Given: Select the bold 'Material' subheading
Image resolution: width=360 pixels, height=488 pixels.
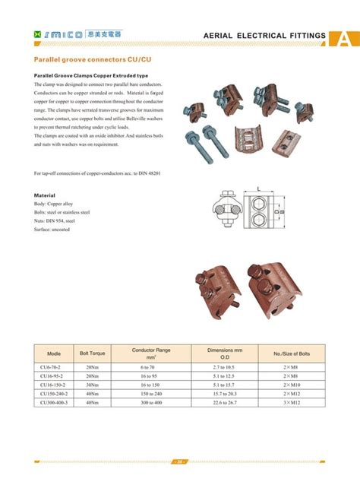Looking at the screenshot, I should pos(47,195).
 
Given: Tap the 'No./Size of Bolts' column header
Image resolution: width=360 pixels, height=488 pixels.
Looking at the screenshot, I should pos(292,354).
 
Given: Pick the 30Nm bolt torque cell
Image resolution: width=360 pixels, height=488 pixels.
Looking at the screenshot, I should pos(92,385).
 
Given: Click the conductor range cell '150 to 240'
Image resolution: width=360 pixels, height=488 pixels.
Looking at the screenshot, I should pos(151,393).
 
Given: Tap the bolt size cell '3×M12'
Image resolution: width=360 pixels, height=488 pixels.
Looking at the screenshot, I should pos(292,402).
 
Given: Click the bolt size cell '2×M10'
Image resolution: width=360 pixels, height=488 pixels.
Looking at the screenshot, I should pos(292,385).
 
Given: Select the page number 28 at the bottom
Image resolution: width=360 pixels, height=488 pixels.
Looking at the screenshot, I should pos(180,461).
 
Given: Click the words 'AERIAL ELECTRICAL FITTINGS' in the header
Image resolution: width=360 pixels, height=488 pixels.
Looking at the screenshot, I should pos(265,36).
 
